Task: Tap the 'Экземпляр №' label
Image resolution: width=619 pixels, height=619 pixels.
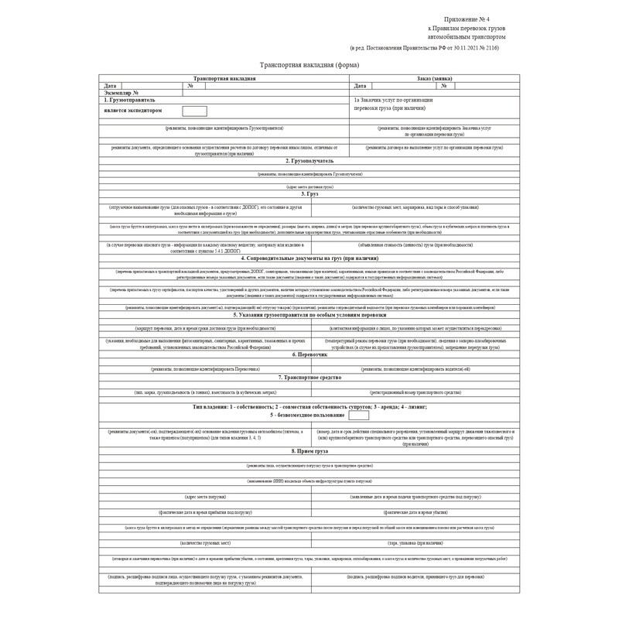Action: click(x=121, y=92)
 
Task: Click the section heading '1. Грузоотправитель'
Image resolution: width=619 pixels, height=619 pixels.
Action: click(x=129, y=100)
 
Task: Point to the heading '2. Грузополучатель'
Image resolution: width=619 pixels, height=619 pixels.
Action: click(x=309, y=160)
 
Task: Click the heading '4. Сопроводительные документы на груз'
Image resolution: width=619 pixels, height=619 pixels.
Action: click(x=309, y=257)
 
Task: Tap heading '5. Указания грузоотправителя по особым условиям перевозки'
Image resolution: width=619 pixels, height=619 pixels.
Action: click(x=309, y=315)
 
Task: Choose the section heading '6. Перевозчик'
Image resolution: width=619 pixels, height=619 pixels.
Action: click(x=309, y=354)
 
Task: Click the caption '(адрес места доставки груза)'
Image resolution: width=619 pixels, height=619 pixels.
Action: click(x=309, y=186)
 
